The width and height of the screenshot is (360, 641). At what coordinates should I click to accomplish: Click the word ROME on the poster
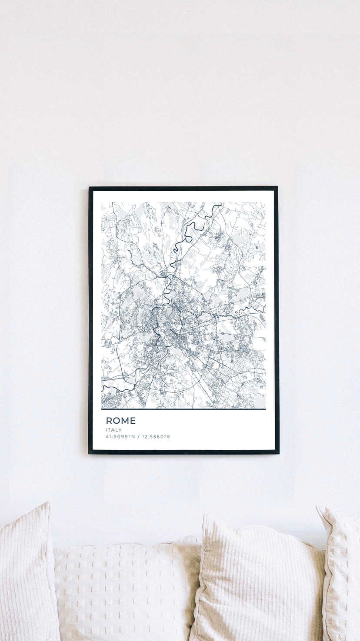click(x=120, y=421)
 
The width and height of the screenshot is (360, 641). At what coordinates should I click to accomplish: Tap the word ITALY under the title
click(x=113, y=430)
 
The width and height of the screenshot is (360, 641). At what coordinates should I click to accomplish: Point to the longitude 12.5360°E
click(x=156, y=436)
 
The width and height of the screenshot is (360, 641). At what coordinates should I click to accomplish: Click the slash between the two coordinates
click(x=139, y=436)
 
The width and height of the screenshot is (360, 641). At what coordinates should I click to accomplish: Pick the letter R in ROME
click(x=109, y=421)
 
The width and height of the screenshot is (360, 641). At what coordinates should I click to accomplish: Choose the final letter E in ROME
click(x=133, y=421)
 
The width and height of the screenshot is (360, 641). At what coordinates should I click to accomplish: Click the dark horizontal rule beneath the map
click(x=183, y=409)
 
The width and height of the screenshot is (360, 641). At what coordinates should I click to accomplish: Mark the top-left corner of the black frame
click(x=90, y=188)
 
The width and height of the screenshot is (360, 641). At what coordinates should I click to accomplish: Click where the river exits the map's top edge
click(x=221, y=203)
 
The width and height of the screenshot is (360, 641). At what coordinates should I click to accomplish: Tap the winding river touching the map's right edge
click(x=263, y=309)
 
